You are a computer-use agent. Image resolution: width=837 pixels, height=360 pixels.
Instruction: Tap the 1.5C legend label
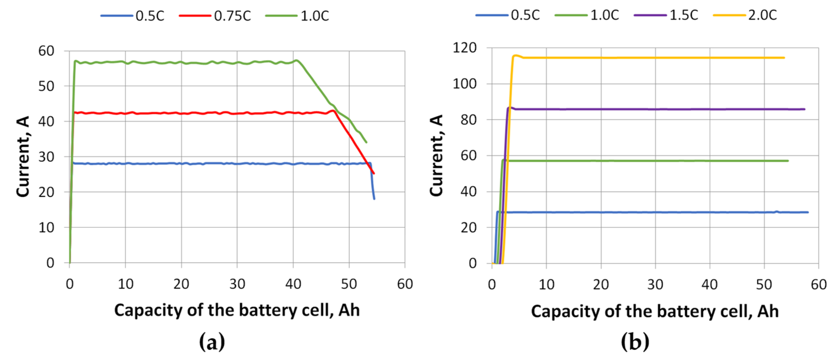684,15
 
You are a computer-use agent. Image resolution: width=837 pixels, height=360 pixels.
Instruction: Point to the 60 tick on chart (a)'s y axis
46,51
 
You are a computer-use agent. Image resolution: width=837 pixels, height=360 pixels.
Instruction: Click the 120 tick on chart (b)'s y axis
464,48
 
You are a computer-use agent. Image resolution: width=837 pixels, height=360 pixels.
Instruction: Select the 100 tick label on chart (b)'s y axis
464,84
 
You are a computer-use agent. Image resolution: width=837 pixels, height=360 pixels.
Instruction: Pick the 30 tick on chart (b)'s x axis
655,285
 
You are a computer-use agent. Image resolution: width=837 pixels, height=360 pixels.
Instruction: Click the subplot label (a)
212,342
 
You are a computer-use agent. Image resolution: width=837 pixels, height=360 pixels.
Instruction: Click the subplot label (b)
635,342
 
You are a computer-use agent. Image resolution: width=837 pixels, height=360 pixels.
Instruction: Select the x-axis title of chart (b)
654,311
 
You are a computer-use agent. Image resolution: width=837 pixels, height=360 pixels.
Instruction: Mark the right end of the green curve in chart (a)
366,142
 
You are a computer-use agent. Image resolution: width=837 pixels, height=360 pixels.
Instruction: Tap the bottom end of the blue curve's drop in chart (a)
374,198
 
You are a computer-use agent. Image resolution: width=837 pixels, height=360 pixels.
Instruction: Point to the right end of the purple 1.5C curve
804,109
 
